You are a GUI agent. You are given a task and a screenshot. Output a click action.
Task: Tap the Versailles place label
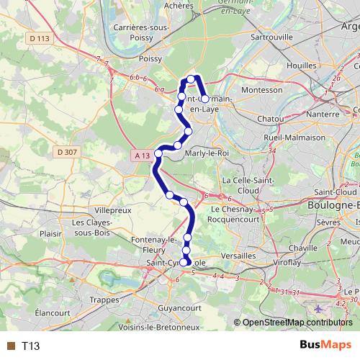point(239,256)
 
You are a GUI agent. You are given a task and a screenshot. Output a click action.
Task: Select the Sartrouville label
point(270,35)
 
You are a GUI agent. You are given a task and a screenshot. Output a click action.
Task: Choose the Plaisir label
point(50,233)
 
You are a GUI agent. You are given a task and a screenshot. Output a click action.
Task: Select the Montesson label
point(261,90)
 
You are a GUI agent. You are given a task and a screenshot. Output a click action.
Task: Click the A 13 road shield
point(142,155)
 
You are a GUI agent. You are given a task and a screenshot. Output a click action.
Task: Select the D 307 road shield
point(65,151)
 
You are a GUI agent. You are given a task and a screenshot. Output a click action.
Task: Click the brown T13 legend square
point(10,346)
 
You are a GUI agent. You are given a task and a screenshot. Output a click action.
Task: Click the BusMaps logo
point(325,346)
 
